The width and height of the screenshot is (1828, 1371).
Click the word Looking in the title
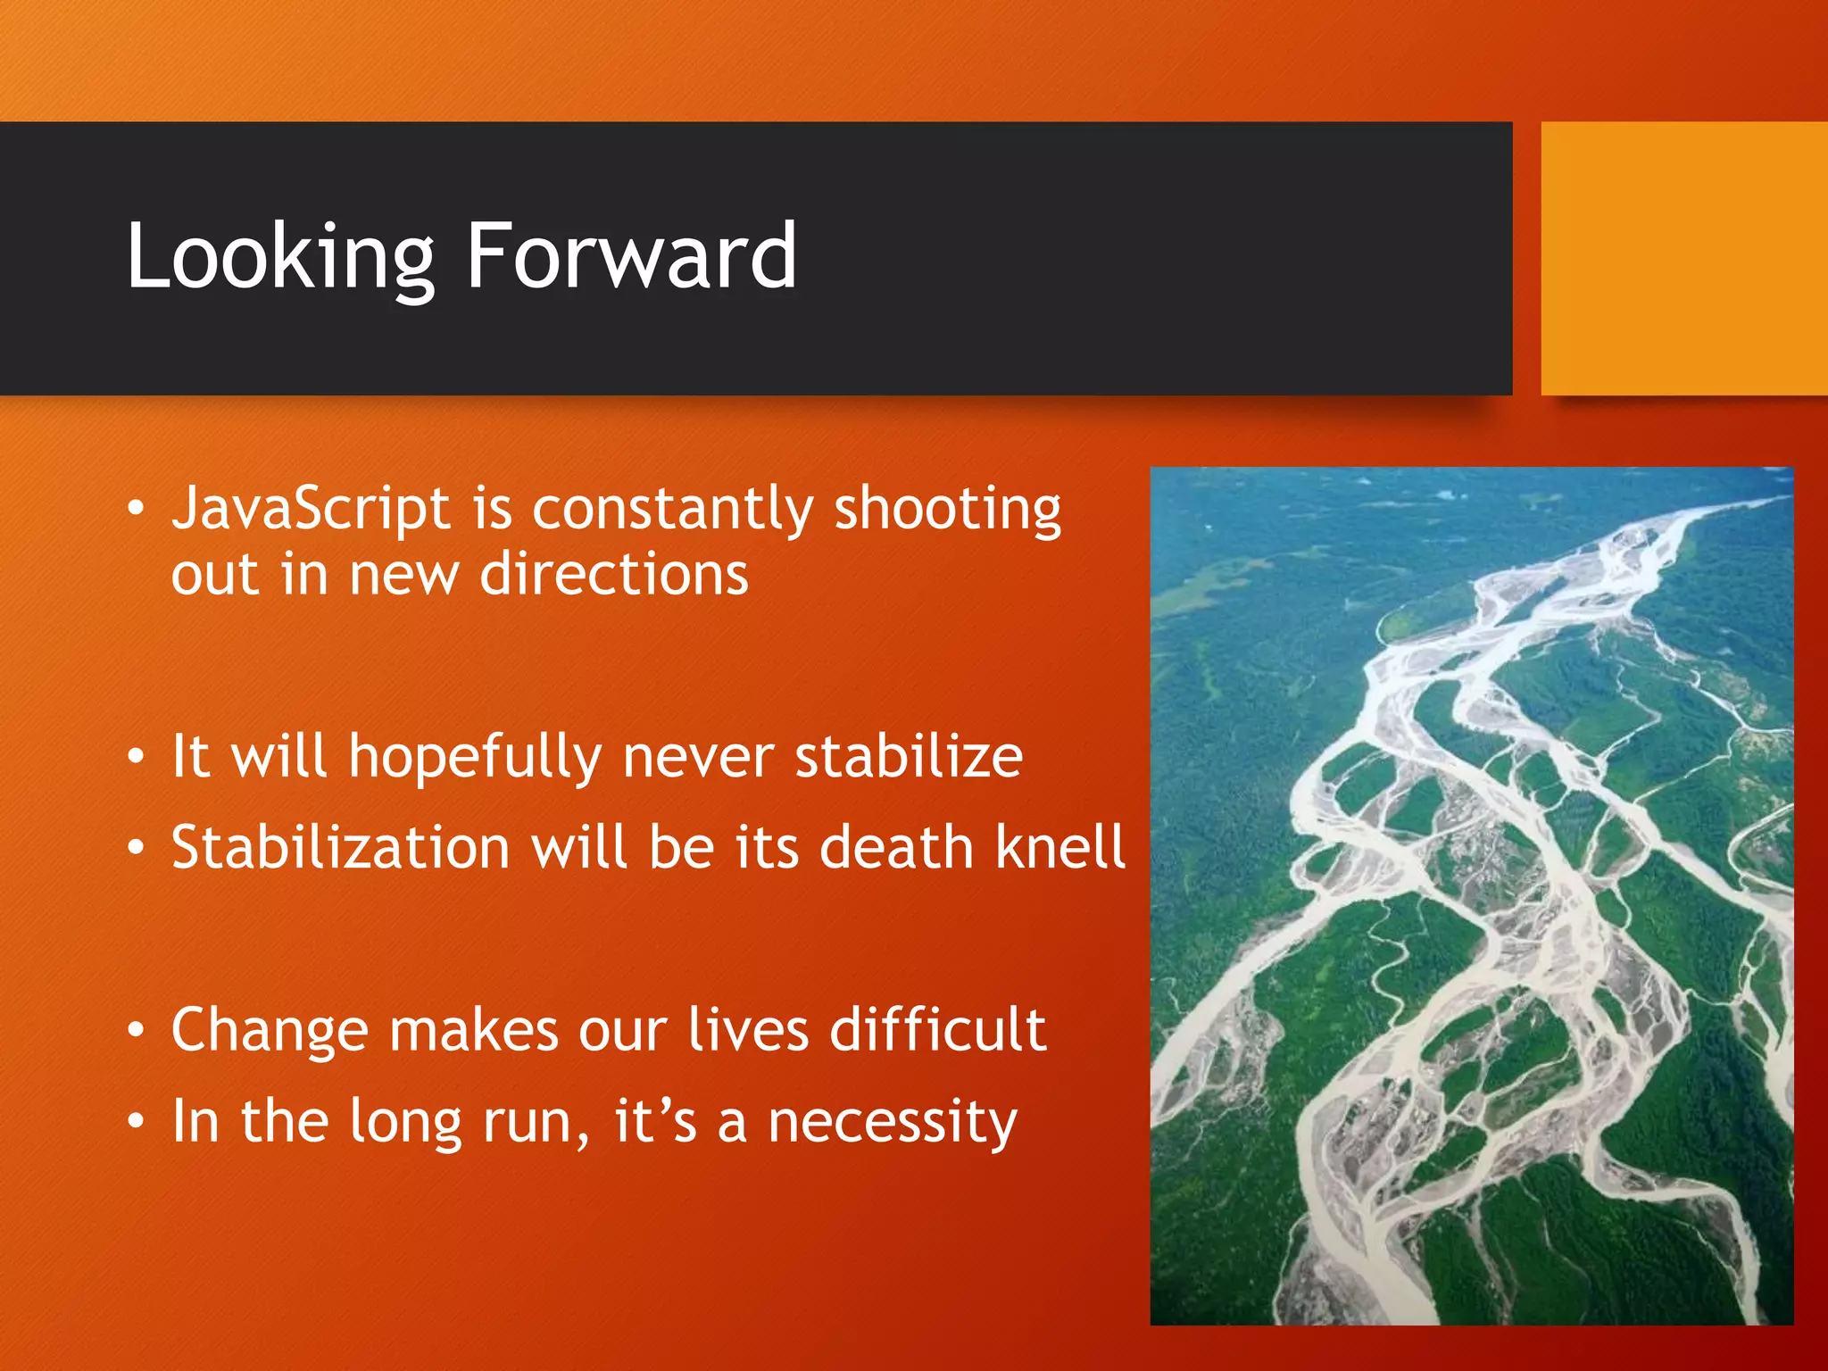[279, 259]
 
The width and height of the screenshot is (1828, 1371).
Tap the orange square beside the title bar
[1683, 259]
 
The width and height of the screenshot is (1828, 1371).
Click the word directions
[613, 574]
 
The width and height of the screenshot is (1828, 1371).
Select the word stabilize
[908, 757]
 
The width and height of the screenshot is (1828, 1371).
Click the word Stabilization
[340, 848]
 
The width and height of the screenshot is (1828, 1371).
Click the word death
[895, 848]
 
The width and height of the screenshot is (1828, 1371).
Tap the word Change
[269, 1032]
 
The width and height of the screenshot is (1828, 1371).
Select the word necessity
[892, 1123]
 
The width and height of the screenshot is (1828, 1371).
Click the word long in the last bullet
[404, 1123]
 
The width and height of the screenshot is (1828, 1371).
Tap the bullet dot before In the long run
[135, 1121]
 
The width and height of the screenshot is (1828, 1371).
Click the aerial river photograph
[1471, 895]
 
